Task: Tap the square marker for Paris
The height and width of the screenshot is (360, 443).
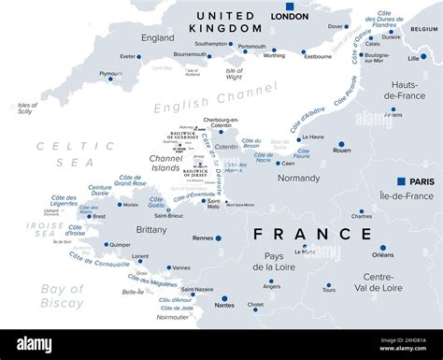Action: pyautogui.click(x=401, y=181)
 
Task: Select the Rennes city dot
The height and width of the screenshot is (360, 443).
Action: pyautogui.click(x=219, y=238)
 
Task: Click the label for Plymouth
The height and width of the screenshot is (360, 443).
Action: pyautogui.click(x=110, y=73)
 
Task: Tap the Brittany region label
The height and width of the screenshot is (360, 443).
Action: pyautogui.click(x=151, y=229)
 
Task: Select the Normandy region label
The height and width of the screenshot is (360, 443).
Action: pyautogui.click(x=299, y=178)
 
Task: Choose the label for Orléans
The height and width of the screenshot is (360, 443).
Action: pyautogui.click(x=382, y=254)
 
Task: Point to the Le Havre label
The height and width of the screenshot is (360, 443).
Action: pyautogui.click(x=313, y=137)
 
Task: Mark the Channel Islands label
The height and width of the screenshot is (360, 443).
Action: pyautogui.click(x=165, y=163)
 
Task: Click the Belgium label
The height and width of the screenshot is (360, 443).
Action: pyautogui.click(x=422, y=29)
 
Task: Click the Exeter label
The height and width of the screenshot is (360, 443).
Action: pyautogui.click(x=129, y=56)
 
